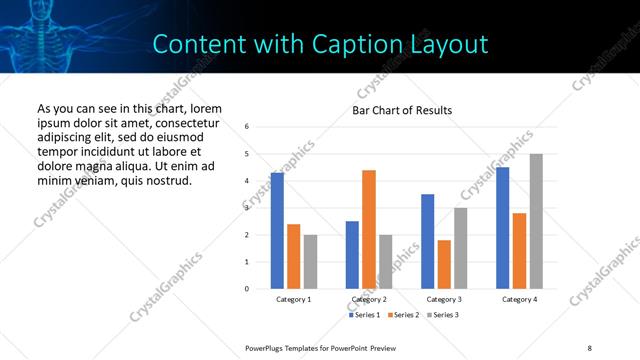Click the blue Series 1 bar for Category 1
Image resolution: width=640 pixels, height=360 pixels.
tap(277, 231)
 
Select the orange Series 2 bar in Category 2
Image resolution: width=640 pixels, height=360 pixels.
tap(369, 230)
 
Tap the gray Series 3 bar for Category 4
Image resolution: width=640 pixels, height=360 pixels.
tap(536, 221)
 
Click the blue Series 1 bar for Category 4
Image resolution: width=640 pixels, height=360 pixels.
tap(503, 228)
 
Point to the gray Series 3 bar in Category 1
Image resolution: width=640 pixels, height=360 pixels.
tap(310, 262)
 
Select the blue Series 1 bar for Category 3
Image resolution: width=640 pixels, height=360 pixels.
tap(428, 242)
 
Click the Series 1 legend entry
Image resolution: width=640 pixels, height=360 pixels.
tap(363, 315)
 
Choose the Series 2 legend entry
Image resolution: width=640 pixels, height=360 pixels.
tap(402, 315)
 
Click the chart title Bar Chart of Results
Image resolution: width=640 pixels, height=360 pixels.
tap(402, 110)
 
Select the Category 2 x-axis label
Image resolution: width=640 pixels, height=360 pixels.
tap(369, 300)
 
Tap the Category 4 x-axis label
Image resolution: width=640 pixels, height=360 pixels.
tap(519, 300)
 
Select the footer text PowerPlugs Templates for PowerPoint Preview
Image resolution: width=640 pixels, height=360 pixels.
tap(321, 347)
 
